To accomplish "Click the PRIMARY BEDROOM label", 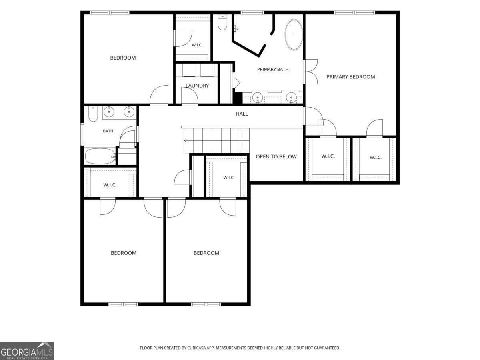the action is point(350,77).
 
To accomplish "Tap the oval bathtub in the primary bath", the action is point(294,34).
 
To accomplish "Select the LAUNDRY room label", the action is point(197,86).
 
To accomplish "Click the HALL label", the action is point(242,114).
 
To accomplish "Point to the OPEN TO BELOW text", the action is point(276,156).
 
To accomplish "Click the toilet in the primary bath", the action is point(223,22).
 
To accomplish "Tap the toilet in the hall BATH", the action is point(93,114).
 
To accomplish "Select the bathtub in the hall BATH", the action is point(100,156).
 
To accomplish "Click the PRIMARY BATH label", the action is point(273,69).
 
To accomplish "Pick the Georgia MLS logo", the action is point(27,351).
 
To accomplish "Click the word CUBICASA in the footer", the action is point(197,348).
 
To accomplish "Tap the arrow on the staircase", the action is point(186,140).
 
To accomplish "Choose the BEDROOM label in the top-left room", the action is point(123,58).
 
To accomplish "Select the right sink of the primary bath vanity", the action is point(291,97).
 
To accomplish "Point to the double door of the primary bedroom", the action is point(310,72).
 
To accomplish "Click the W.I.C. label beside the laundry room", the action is point(197,45).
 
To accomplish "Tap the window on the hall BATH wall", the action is point(82,134).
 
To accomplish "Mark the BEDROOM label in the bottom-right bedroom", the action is point(206,253).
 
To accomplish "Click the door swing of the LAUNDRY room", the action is point(190,96).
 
